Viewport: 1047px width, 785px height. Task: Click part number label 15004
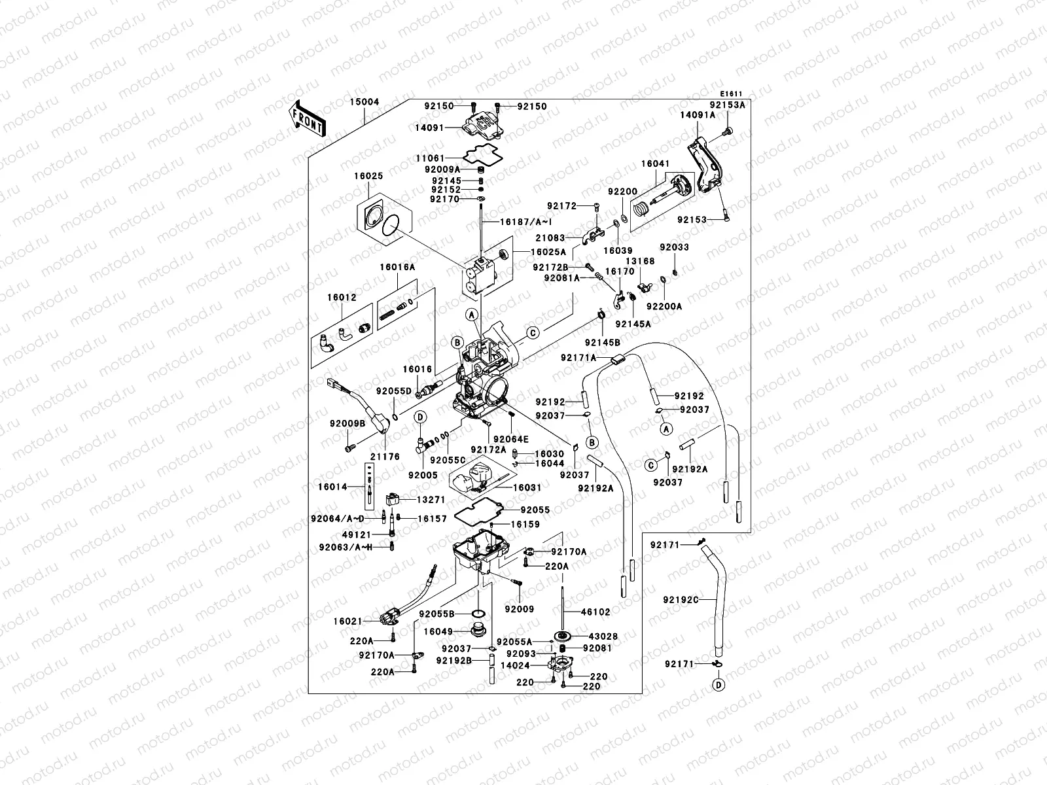(x=363, y=102)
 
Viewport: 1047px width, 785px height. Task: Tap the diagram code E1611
(x=732, y=94)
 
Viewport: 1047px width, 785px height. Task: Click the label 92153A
(x=728, y=104)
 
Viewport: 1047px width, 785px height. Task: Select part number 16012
(x=342, y=297)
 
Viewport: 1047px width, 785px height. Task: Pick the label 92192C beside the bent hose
(x=681, y=599)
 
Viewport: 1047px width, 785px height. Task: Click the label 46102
(x=596, y=612)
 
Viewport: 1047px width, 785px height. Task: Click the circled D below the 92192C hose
(x=719, y=686)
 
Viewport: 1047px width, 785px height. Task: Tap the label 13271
(x=431, y=498)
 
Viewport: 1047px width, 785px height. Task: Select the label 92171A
(x=578, y=357)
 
